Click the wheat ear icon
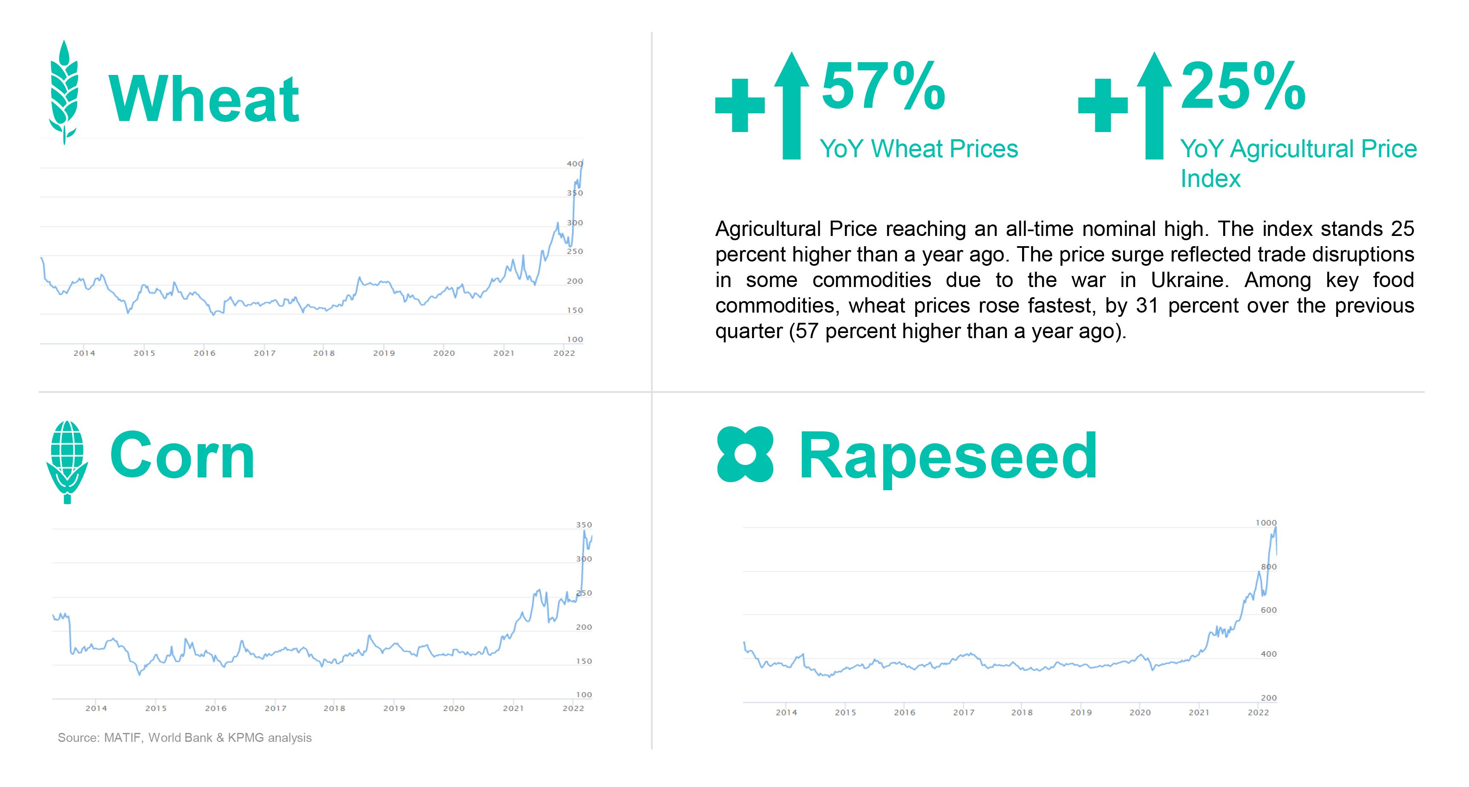tap(64, 92)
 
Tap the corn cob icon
tap(67, 462)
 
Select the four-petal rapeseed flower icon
tap(745, 454)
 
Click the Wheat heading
tap(204, 100)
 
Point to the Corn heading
tap(182, 456)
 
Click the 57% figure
tap(883, 86)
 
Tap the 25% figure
tap(1243, 86)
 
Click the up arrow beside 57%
tap(792, 106)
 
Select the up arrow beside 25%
tap(1154, 106)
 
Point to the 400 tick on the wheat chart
tap(574, 164)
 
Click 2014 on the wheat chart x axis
tap(84, 353)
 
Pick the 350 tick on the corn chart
tap(584, 525)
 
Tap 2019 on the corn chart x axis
tap(394, 708)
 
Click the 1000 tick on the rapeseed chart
tap(1266, 523)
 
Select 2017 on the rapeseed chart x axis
tap(964, 712)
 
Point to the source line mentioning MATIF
tap(185, 738)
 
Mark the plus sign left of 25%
tap(1103, 106)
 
